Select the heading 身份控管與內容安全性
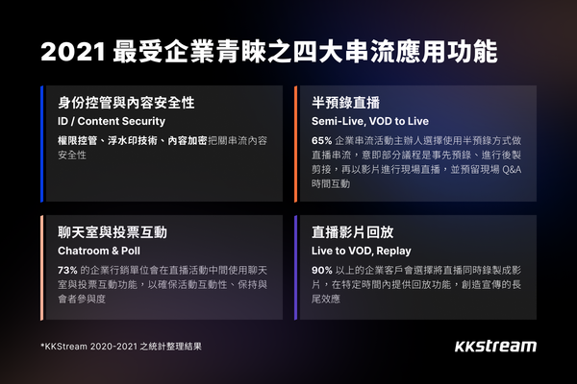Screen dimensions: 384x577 click(x=118, y=101)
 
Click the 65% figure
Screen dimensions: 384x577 click(x=323, y=140)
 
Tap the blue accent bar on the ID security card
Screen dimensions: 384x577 click(x=43, y=144)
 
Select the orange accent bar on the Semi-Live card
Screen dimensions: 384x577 click(x=295, y=144)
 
